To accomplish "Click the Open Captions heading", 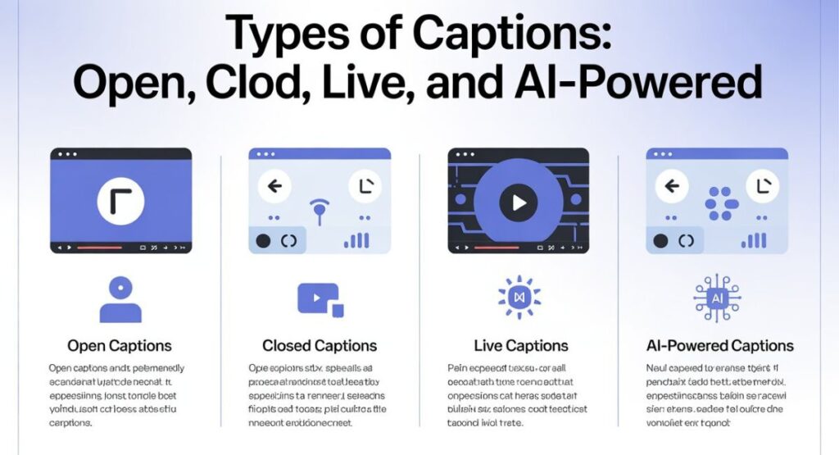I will (120, 345).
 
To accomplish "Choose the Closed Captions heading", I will (320, 345).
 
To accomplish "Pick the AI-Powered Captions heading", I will (719, 345).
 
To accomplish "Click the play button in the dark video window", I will (518, 200).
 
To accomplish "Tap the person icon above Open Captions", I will (120, 299).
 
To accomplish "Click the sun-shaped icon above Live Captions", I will (518, 297).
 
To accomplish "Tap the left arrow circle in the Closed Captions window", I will (274, 186).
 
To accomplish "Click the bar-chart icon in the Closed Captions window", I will (357, 239).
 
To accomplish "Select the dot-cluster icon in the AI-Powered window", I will (721, 202).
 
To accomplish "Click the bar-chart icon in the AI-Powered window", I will (755, 239).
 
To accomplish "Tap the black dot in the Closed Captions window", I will (263, 240).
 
